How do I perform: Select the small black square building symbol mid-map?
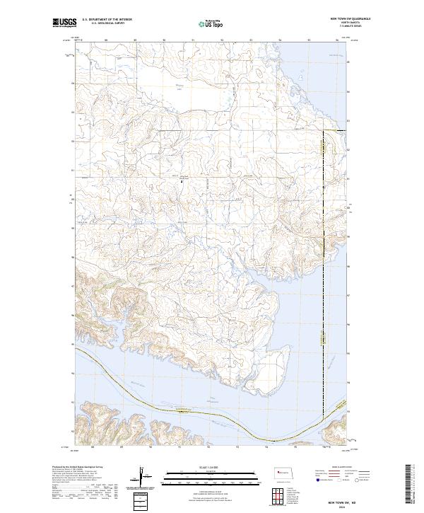pos(182,182)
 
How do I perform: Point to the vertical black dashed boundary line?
pos(324,283)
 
